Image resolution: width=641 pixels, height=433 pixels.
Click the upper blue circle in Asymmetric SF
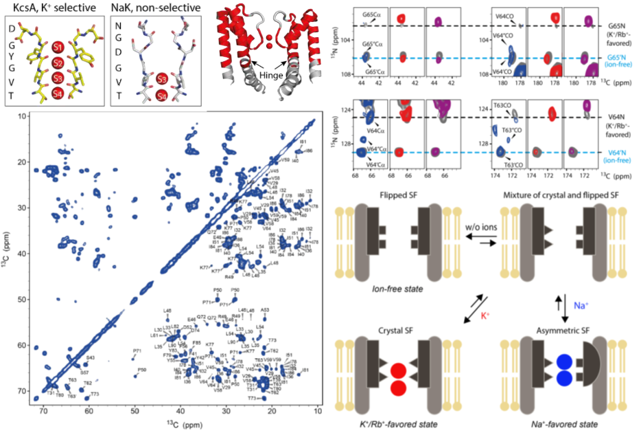pos(564,363)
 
